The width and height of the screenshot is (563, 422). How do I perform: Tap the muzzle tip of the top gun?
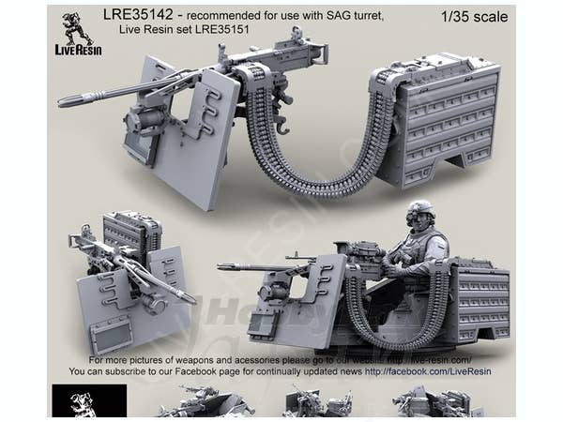pos(62,100)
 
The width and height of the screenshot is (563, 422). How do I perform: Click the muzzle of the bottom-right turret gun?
pos(221,267)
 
